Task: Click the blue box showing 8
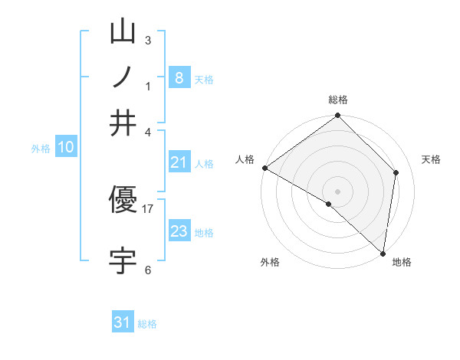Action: click(179, 77)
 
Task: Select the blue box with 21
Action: click(179, 162)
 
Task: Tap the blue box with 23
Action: click(179, 231)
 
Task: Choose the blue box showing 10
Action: click(66, 148)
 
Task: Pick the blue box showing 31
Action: click(123, 322)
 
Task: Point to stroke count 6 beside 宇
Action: click(148, 270)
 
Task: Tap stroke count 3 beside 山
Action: click(148, 40)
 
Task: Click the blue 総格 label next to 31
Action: click(147, 324)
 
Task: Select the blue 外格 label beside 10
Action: click(41, 149)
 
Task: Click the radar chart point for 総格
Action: click(337, 116)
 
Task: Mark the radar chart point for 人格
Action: click(264, 168)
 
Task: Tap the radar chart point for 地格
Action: click(383, 253)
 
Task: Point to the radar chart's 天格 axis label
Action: click(431, 159)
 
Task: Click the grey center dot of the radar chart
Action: click(337, 191)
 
